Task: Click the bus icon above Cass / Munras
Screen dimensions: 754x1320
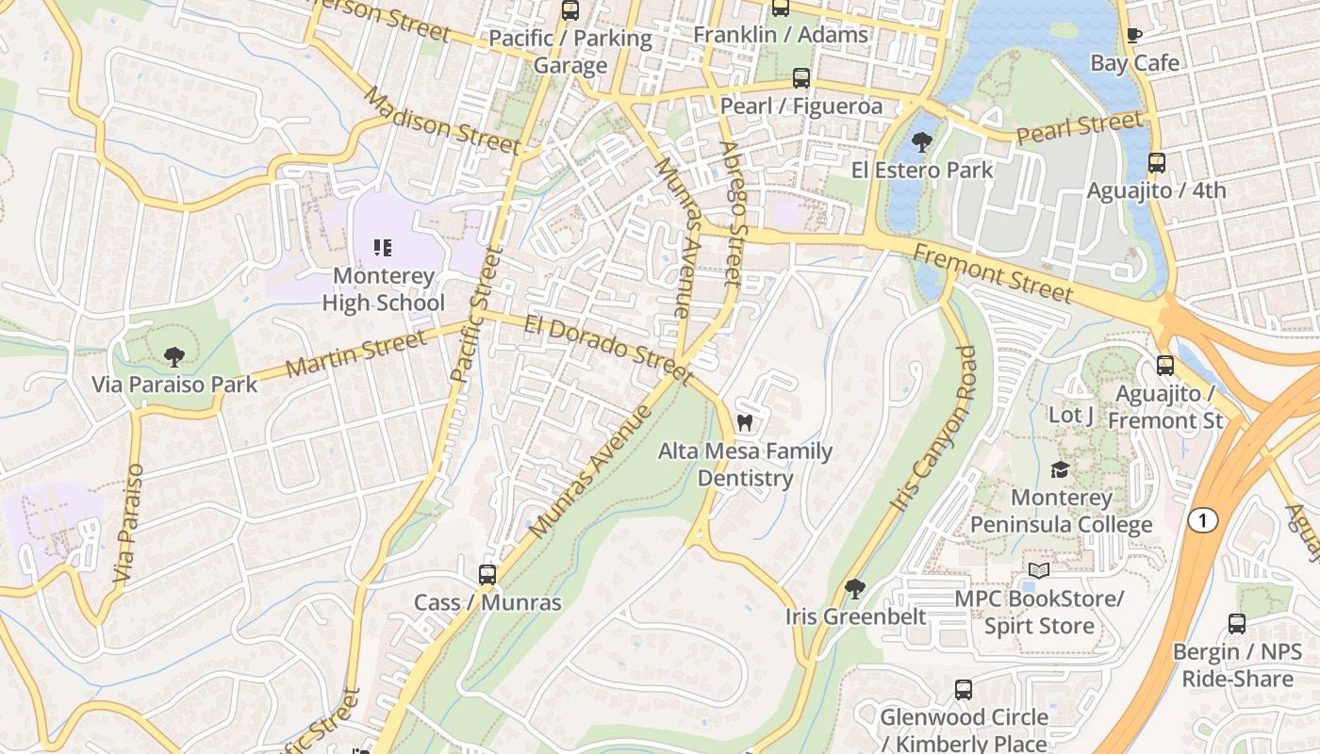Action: [x=487, y=574]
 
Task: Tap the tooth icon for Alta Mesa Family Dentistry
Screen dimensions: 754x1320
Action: [x=744, y=423]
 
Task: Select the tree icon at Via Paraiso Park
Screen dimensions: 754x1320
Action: [x=173, y=356]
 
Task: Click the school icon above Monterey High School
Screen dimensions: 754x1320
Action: [x=383, y=248]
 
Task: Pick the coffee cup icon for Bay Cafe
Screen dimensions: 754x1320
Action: [x=1134, y=36]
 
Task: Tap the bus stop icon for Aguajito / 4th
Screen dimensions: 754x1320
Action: [x=1157, y=163]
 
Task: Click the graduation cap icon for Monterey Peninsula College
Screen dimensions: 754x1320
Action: [x=1061, y=469]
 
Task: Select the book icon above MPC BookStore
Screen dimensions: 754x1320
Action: [x=1039, y=571]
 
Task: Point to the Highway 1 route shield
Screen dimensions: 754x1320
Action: [x=1202, y=520]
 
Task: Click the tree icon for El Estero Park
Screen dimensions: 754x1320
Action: [x=921, y=142]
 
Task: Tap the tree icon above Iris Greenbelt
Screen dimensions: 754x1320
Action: [x=855, y=589]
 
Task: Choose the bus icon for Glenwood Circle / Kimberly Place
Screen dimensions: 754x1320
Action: [x=964, y=690]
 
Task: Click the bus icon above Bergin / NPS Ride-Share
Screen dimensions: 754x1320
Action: [x=1237, y=624]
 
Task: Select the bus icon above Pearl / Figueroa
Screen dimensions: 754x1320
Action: [x=801, y=78]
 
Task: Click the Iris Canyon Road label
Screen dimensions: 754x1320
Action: [x=932, y=428]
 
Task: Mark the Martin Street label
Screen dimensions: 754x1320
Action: [x=356, y=354]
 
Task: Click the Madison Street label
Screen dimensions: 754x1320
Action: [x=441, y=121]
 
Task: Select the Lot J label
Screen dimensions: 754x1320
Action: [x=1071, y=415]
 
